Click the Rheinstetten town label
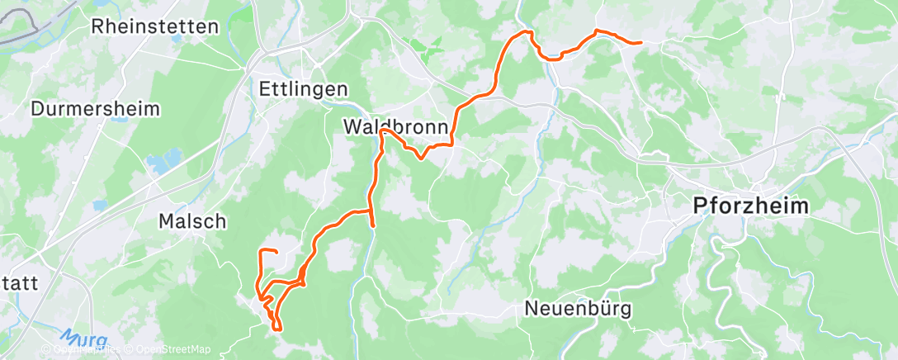pos(156,26)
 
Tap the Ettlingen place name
pos(303,88)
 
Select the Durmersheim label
pos(95,109)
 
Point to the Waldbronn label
pos(396,128)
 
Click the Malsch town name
pos(191,221)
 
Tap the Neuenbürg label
pos(579,310)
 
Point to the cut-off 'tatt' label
pos(18,283)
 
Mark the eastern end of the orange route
pos(640,42)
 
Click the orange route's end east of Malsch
pos(276,250)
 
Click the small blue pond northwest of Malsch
pos(100,204)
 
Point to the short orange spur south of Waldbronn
pos(373,220)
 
